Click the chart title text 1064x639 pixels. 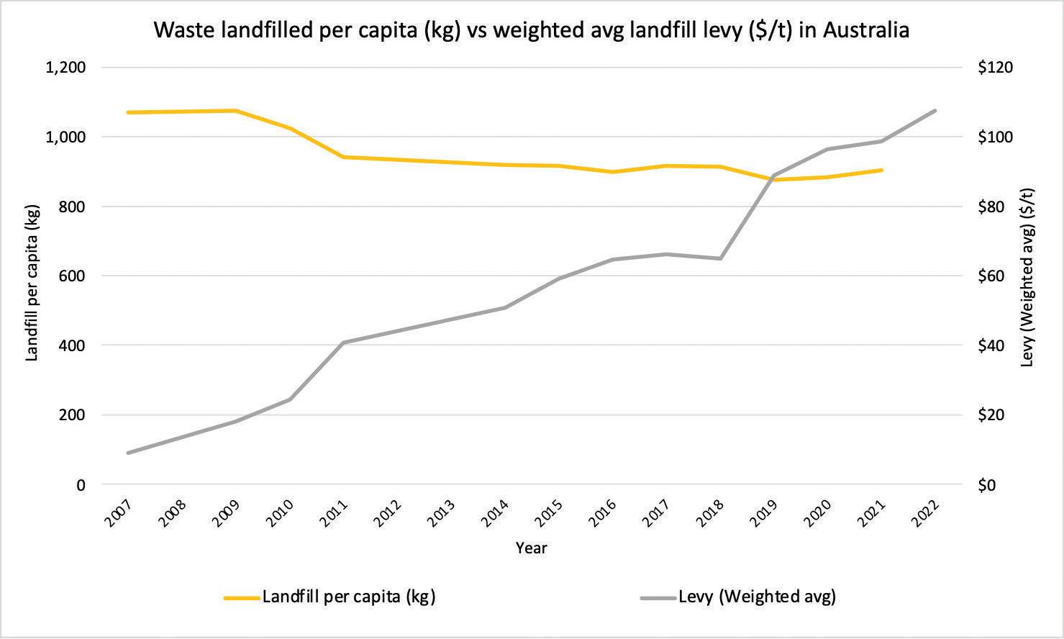tap(532, 30)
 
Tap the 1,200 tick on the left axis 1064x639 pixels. tap(65, 68)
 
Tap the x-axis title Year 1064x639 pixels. tap(532, 548)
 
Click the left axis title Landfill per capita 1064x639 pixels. tap(32, 282)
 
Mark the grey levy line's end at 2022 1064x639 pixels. tap(935, 111)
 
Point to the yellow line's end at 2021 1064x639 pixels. tap(881, 170)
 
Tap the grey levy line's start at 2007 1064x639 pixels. tap(128, 453)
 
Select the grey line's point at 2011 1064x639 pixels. tap(343, 343)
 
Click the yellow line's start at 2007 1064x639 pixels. tap(128, 112)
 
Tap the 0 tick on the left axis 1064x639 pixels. tap(81, 485)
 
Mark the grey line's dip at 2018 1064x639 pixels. tap(720, 258)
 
